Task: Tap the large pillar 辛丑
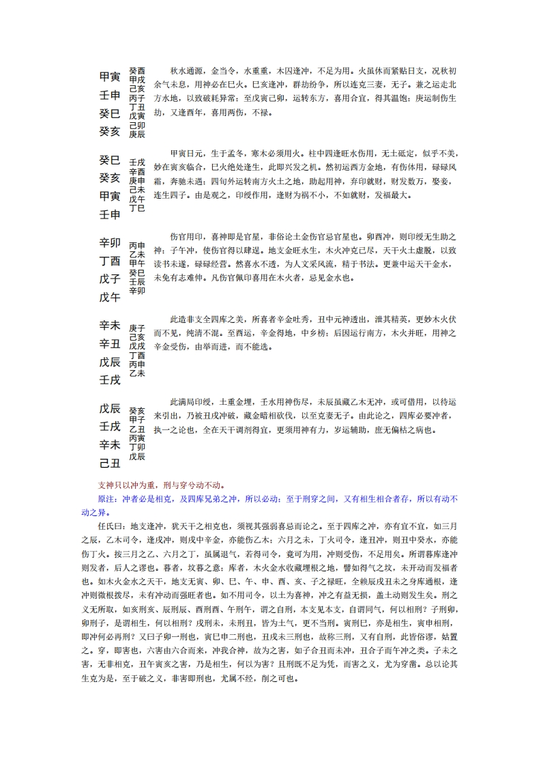110,343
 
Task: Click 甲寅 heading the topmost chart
110,76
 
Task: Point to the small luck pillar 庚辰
136,134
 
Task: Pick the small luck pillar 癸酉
136,71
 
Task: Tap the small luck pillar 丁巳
136,208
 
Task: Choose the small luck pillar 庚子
136,328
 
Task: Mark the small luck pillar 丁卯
136,447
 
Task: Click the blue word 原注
110,498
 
